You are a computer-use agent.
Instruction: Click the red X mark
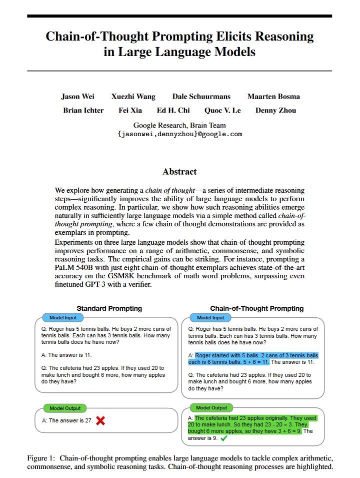pyautogui.click(x=100, y=421)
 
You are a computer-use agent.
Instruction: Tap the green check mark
pyautogui.click(x=223, y=438)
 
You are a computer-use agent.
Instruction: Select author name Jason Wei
pyautogui.click(x=77, y=97)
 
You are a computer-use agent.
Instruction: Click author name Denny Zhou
pyautogui.click(x=275, y=111)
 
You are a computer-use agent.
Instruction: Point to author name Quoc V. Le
pyautogui.click(x=222, y=111)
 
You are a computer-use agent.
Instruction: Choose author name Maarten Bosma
pyautogui.click(x=273, y=97)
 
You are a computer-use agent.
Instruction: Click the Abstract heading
pyautogui.click(x=179, y=172)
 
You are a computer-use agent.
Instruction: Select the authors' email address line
pyautogui.click(x=179, y=134)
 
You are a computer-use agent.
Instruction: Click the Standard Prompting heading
pyautogui.click(x=109, y=308)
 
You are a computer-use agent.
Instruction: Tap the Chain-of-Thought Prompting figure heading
pyautogui.click(x=256, y=308)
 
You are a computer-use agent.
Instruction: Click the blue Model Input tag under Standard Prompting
pyautogui.click(x=59, y=318)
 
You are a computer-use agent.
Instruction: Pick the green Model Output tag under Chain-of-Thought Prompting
pyautogui.click(x=211, y=408)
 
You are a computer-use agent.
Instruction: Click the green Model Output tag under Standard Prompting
pyautogui.click(x=65, y=408)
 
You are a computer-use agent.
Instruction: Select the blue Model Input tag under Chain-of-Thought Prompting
pyautogui.click(x=210, y=318)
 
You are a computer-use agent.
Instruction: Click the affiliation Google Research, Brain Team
pyautogui.click(x=179, y=126)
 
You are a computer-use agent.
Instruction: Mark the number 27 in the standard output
pyautogui.click(x=88, y=421)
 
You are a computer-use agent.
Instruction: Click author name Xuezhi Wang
pyautogui.click(x=133, y=97)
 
